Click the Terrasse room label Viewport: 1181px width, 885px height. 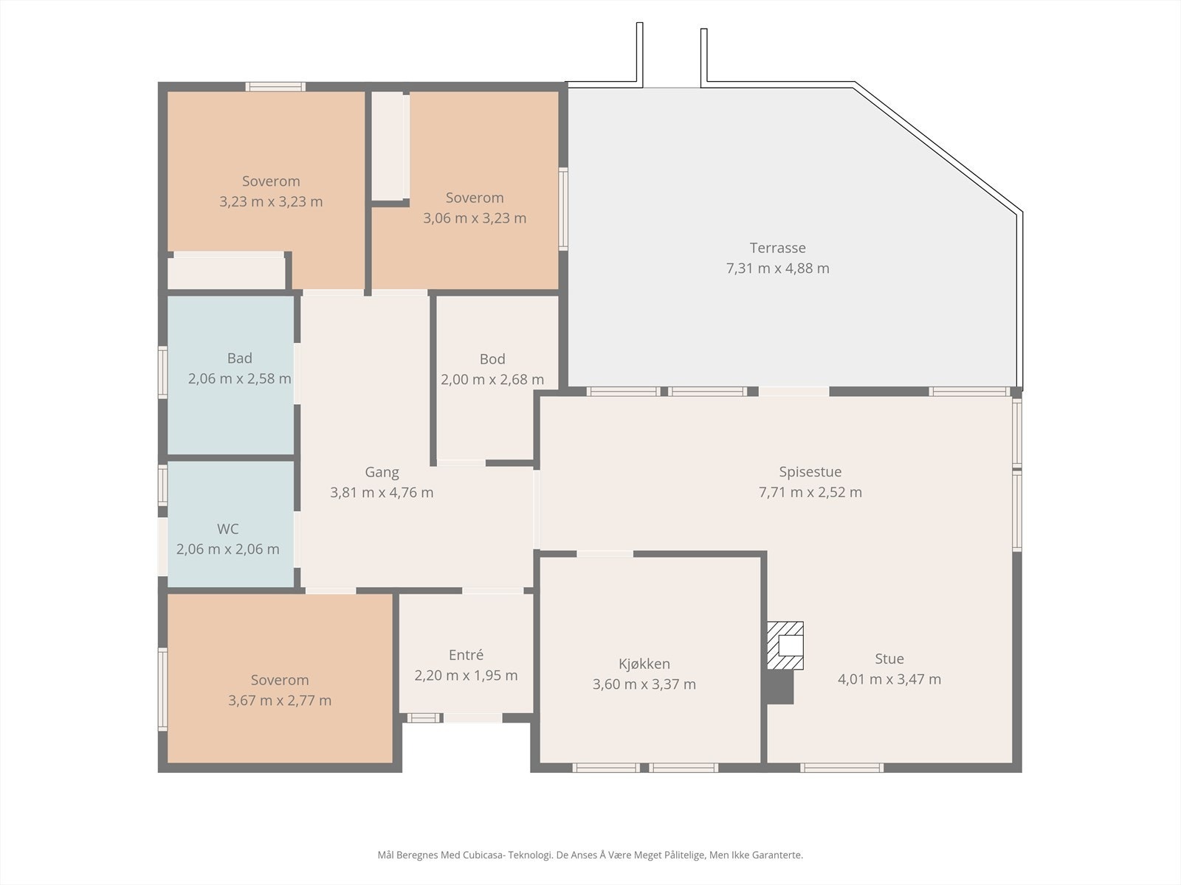coord(777,248)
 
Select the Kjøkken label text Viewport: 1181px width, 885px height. coord(644,664)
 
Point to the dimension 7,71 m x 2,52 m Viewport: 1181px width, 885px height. coord(810,492)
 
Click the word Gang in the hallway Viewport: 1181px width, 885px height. coord(382,473)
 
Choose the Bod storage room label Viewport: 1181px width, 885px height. coord(492,359)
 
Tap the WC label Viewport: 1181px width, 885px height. coord(227,529)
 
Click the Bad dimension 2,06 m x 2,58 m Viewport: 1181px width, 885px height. coord(239,379)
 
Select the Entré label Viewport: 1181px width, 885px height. coord(466,655)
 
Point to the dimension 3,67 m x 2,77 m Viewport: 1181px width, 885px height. coord(280,701)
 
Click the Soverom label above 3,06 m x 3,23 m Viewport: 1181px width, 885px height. coord(475,198)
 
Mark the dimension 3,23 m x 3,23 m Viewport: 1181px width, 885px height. coord(271,201)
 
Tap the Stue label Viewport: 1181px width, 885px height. coord(889,659)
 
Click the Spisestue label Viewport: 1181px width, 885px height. coord(810,472)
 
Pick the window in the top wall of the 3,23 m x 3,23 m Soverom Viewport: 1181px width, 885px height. coord(275,86)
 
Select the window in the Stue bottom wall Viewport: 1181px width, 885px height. coord(841,768)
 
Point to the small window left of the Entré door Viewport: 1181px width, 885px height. coord(423,718)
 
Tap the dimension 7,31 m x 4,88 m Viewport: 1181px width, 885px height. coord(777,268)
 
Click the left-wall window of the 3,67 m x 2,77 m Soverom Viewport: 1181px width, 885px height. coord(162,690)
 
